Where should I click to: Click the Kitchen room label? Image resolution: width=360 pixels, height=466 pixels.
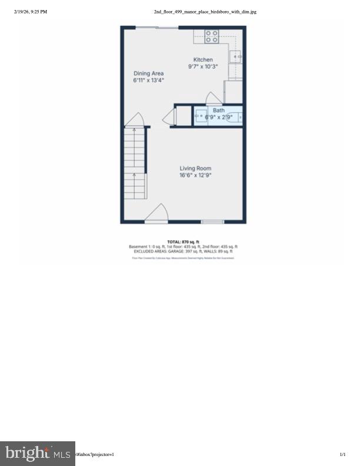204,60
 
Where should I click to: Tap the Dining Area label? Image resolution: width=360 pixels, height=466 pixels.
148,74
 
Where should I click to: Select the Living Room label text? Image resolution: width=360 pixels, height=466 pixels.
195,168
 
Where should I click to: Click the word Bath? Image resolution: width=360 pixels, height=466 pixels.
219,110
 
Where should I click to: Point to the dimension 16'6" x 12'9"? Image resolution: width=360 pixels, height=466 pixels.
195,175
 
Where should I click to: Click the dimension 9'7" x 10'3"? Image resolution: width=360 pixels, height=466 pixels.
204,66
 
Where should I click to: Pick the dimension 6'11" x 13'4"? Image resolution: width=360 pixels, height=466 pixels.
148,80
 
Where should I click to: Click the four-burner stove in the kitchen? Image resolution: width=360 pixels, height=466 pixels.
212,36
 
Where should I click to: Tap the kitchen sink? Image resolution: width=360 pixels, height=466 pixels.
235,56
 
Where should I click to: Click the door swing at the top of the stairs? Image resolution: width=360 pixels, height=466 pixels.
135,119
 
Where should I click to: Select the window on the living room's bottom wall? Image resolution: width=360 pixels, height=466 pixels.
212,222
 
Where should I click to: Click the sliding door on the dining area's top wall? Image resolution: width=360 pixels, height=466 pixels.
158,27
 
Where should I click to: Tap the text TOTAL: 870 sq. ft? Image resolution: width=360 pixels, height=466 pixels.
184,241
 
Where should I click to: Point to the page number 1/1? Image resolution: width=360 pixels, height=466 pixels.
343,454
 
